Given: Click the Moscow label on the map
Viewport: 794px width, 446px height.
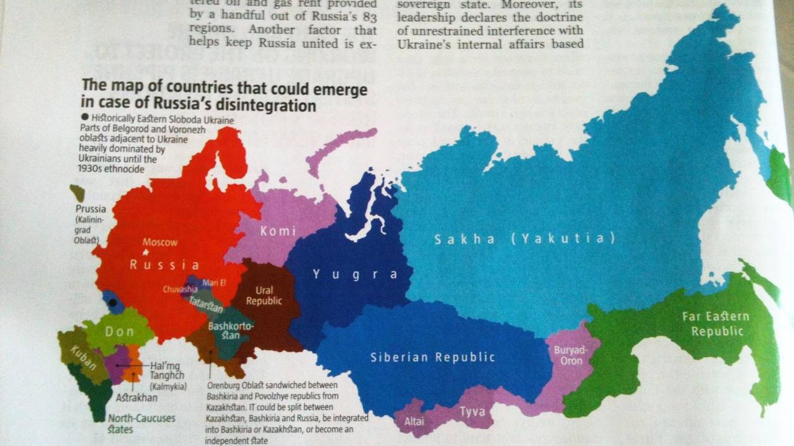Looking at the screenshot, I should coord(160,243).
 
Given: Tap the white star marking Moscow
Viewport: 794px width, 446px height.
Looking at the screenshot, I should coord(146,253).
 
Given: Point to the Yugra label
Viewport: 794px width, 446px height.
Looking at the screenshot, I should coord(354,274).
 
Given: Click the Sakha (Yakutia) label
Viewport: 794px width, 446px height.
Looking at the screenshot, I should coord(524,239).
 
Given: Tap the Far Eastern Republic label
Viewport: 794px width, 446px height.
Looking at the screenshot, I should coord(715,323).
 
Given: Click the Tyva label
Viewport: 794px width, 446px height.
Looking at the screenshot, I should coord(471,411).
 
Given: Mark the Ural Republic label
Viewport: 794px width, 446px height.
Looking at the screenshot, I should coord(264,295).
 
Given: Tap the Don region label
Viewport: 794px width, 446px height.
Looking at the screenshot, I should coord(119,331).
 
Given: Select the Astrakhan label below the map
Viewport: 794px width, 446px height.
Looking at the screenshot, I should coord(136,397).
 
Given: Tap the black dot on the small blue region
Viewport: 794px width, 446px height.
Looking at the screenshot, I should coord(113,303).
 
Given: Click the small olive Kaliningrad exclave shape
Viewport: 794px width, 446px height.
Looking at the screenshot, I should coord(78,192).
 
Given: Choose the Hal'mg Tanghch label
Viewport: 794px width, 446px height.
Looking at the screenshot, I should coord(167,371).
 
